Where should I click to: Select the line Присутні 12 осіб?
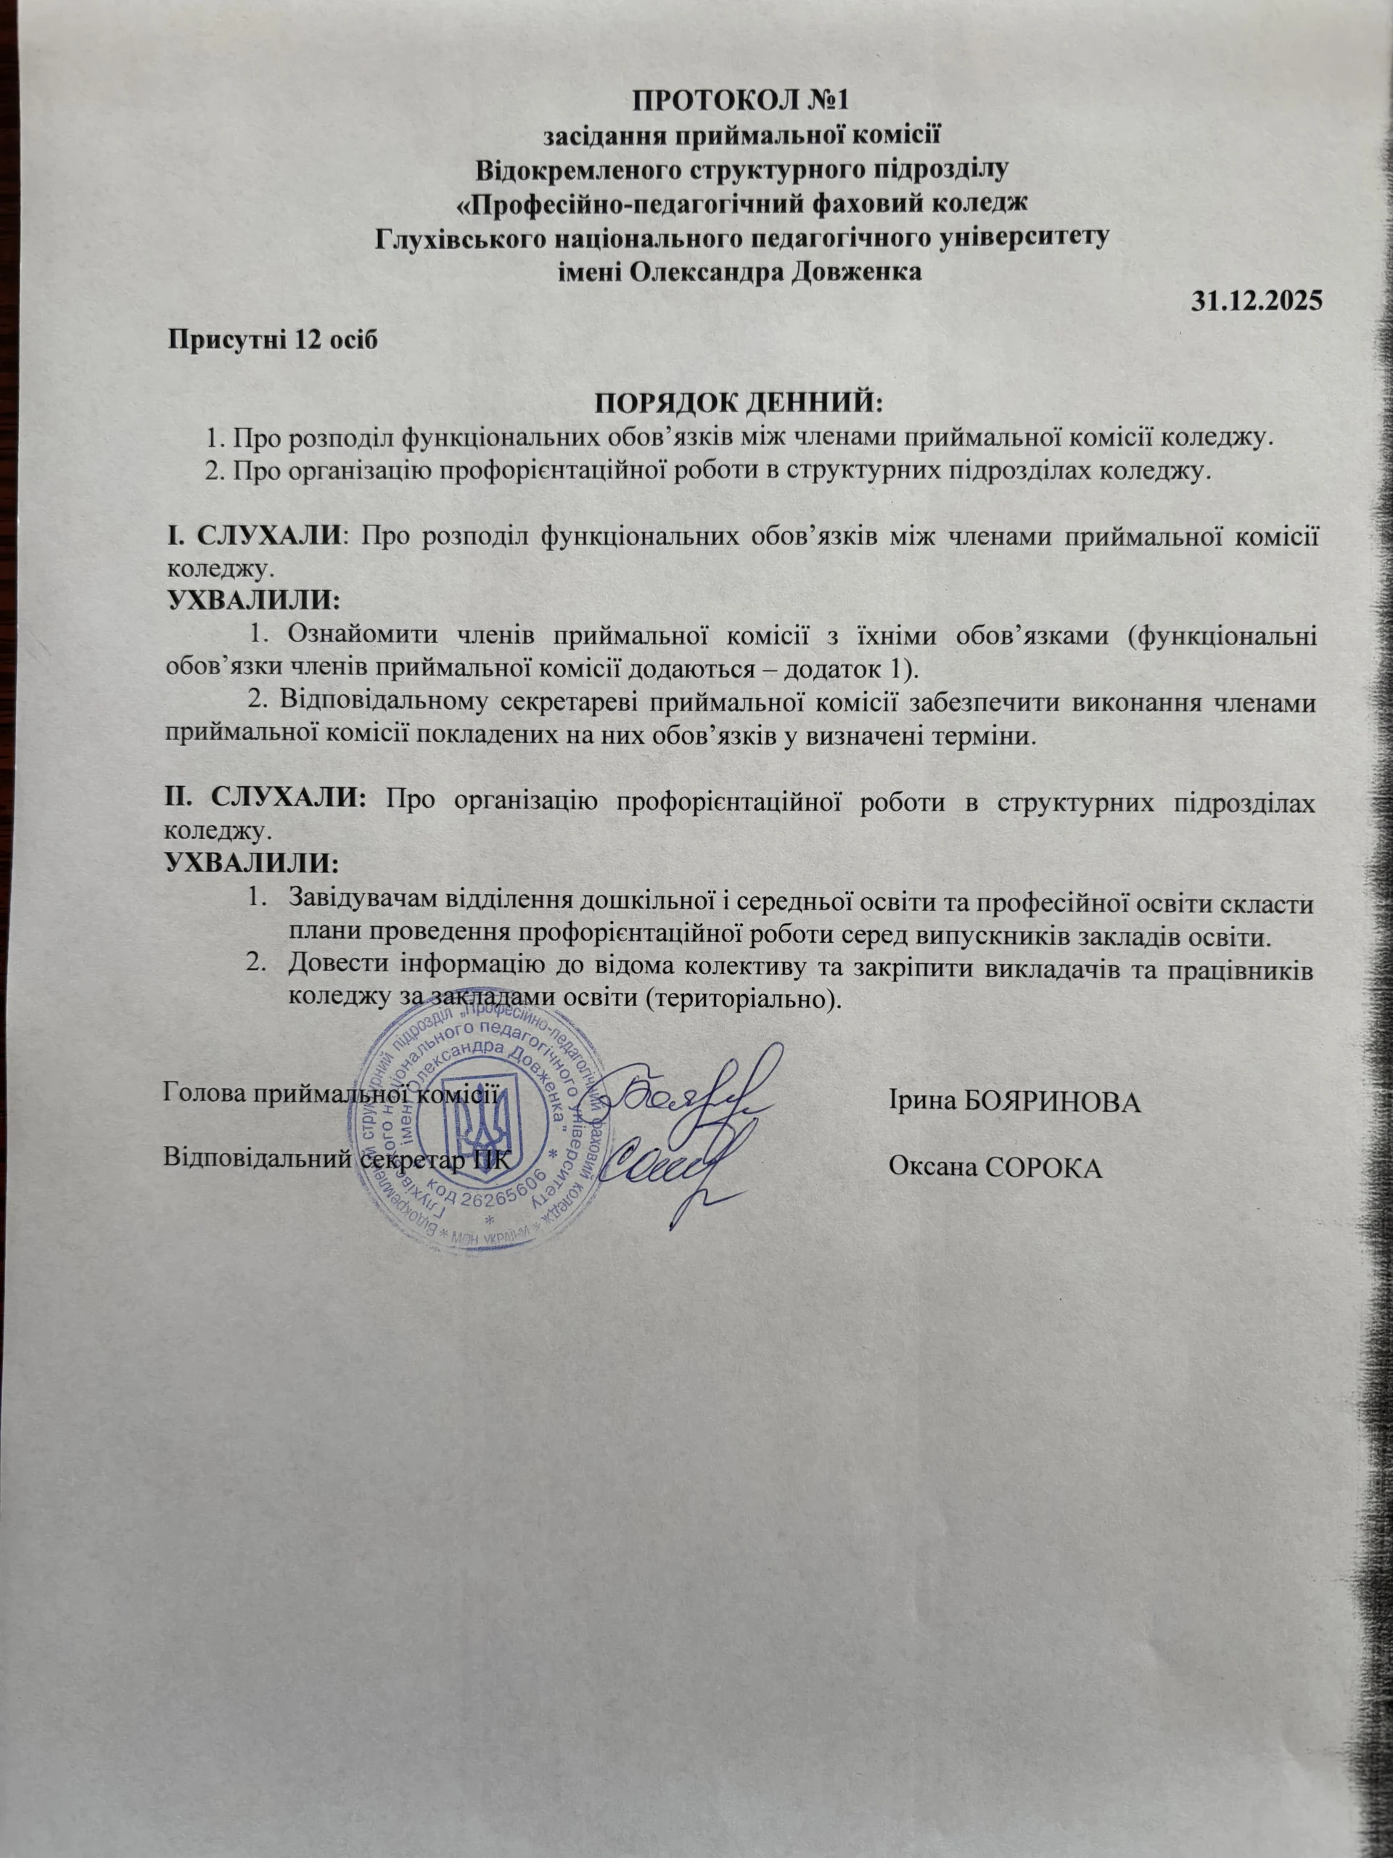pos(273,340)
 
